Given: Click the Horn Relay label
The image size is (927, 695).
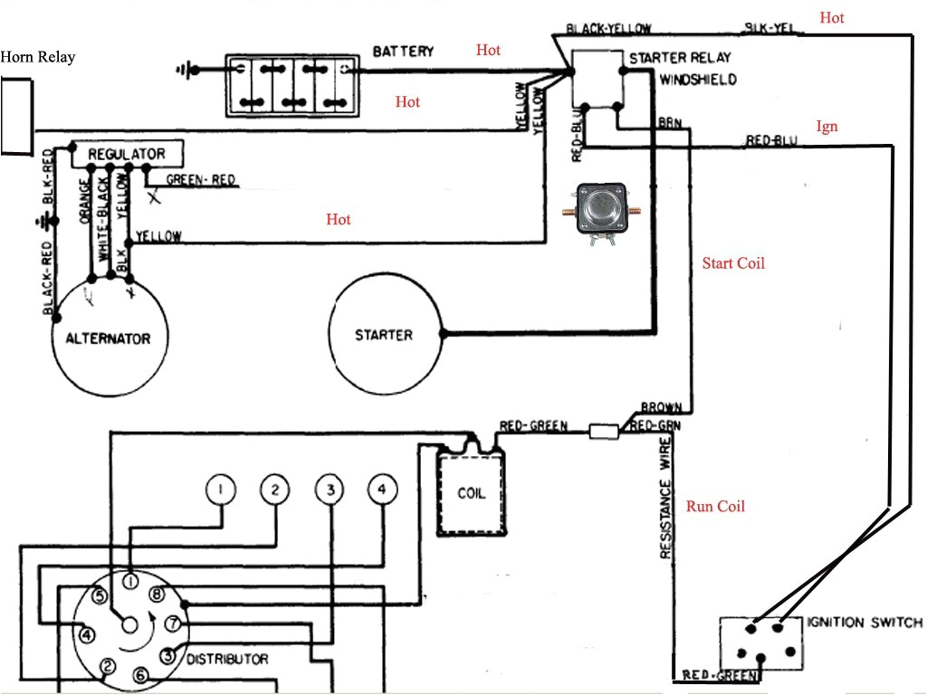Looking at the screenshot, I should pyautogui.click(x=38, y=58).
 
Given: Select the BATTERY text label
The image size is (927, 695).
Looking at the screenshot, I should pyautogui.click(x=403, y=52).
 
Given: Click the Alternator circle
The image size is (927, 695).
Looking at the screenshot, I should pyautogui.click(x=108, y=338).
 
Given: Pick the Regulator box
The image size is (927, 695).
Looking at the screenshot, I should pyautogui.click(x=126, y=154).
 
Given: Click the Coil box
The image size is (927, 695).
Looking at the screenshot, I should pyautogui.click(x=471, y=493).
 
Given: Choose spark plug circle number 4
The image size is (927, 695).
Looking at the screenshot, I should pyautogui.click(x=382, y=490).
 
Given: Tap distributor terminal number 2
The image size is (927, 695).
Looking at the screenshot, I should pyautogui.click(x=107, y=667).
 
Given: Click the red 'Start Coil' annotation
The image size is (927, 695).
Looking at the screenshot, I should pyautogui.click(x=733, y=263).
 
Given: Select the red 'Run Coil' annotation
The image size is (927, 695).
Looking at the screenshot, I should pyautogui.click(x=715, y=507).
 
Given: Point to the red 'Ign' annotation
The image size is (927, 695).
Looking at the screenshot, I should pyautogui.click(x=827, y=127).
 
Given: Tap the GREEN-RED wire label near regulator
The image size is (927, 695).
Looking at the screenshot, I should pyautogui.click(x=200, y=180).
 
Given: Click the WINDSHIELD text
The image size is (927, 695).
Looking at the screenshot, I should pyautogui.click(x=697, y=80).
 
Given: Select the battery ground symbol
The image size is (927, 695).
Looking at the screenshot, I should pyautogui.click(x=188, y=68).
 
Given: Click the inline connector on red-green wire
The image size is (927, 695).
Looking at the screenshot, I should pyautogui.click(x=603, y=432).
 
